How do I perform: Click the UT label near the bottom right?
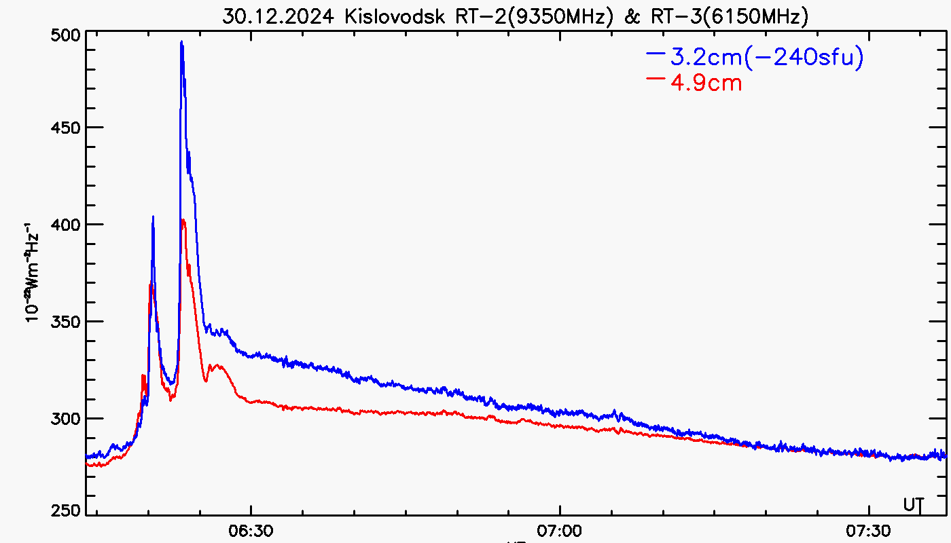point(914,504)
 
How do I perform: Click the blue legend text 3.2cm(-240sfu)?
point(767,58)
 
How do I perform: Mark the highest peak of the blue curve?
point(181,42)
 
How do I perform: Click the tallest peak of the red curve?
point(183,220)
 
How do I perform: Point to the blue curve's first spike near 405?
point(153,217)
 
